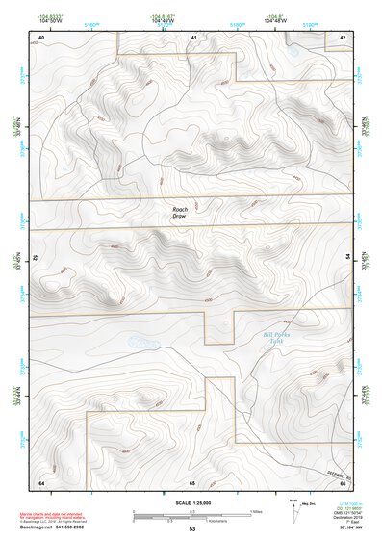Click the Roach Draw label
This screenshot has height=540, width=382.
pyautogui.click(x=180, y=213)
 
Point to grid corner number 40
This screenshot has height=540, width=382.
pyautogui.click(x=41, y=37)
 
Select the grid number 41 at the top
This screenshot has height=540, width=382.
pyautogui.click(x=193, y=37)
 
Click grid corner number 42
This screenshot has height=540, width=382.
pyautogui.click(x=343, y=37)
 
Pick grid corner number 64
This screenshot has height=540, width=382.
pyautogui.click(x=41, y=481)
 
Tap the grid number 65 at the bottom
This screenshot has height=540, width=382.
pyautogui.click(x=192, y=481)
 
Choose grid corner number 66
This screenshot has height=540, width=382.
pyautogui.click(x=343, y=481)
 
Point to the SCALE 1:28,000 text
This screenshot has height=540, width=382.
pyautogui.click(x=191, y=502)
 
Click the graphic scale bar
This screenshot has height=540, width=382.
pyautogui.click(x=191, y=517)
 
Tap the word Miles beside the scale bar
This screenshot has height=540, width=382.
pyautogui.click(x=255, y=511)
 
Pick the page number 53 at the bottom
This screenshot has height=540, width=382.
pyautogui.click(x=192, y=529)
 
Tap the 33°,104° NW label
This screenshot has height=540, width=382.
pyautogui.click(x=350, y=529)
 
